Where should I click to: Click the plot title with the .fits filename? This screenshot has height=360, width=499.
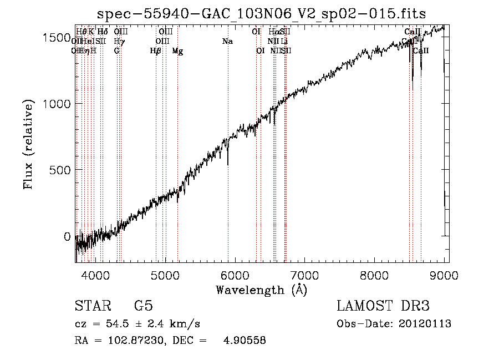coord(261,14)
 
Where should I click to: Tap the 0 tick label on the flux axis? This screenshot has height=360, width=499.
coord(67,236)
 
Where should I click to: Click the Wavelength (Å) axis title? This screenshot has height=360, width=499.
coord(261,290)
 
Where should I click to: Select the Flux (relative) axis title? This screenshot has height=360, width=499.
coord(29,144)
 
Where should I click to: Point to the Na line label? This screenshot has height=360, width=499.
coord(227,42)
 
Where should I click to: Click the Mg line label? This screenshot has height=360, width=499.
coord(177,51)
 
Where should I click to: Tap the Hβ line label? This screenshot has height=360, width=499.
coord(156,51)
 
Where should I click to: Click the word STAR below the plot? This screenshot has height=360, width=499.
coord(93,306)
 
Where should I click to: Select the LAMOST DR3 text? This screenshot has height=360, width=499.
coord(383,306)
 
